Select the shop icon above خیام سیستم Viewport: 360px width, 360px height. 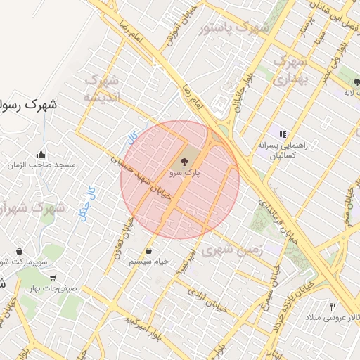point(148,251)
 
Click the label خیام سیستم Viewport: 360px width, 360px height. point(149,262)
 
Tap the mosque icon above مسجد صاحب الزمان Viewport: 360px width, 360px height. point(41,154)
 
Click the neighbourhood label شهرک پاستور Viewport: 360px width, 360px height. point(234,29)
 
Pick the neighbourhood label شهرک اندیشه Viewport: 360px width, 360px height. point(103,88)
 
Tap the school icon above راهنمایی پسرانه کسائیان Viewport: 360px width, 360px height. point(283,134)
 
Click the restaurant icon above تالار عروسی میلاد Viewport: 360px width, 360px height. point(333,306)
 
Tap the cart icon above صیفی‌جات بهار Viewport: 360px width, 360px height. point(53,277)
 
